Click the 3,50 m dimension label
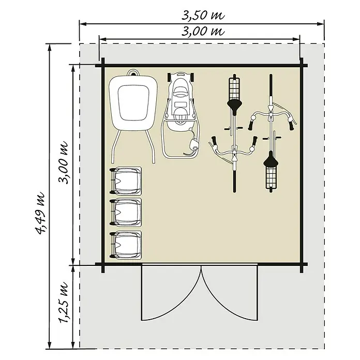pyautogui.click(x=203, y=16)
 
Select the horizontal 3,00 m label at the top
pyautogui.click(x=203, y=31)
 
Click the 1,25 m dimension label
pyautogui.click(x=64, y=302)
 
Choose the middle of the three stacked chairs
pyautogui.click(x=125, y=213)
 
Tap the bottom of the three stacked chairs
pyautogui.click(x=125, y=245)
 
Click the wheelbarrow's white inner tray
pyautogui.click(x=133, y=102)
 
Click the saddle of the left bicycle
pyautogui.click(x=234, y=106)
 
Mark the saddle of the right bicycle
pyautogui.click(x=271, y=159)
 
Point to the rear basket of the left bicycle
pyautogui.click(x=234, y=88)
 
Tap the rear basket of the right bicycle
pyautogui.click(x=271, y=177)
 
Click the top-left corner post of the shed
pyautogui.click(x=102, y=66)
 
